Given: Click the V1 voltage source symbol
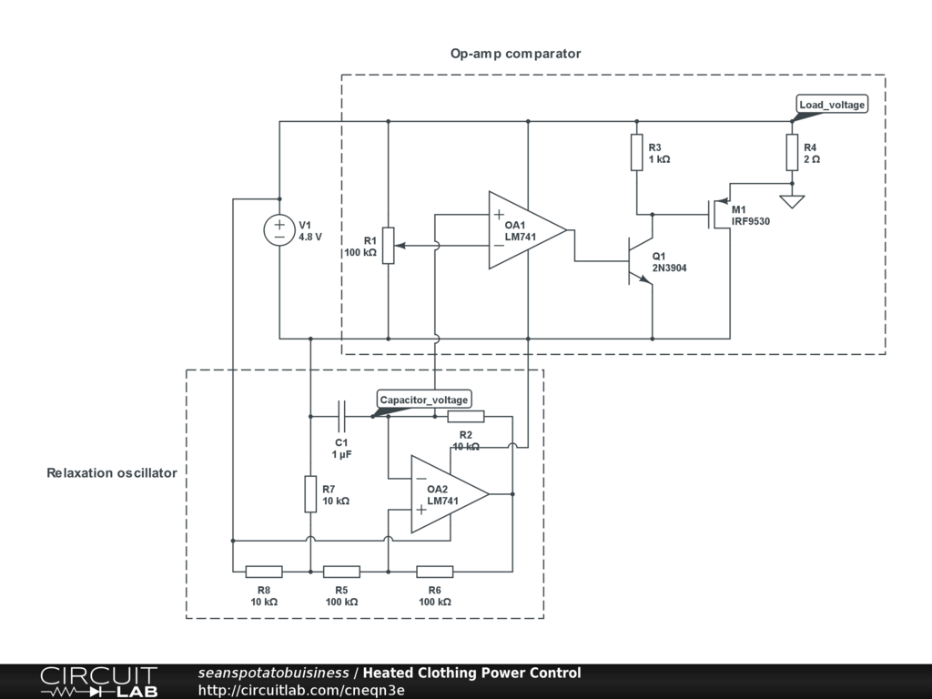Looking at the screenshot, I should click(x=279, y=230).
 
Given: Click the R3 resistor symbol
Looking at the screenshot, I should click(x=637, y=153).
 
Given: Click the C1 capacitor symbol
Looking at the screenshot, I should click(x=342, y=416).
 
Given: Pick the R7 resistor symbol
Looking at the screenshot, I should click(x=310, y=493).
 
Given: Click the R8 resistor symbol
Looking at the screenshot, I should click(x=264, y=572).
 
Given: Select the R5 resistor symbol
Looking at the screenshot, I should click(x=341, y=572).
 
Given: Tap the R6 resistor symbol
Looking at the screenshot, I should click(x=435, y=572).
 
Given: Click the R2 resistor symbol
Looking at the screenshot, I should click(x=466, y=417).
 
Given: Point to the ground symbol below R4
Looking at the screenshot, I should click(x=793, y=200).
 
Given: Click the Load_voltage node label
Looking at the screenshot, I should click(x=832, y=105).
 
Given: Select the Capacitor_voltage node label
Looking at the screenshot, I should click(x=424, y=400).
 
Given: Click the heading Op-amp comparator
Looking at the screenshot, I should click(x=515, y=54).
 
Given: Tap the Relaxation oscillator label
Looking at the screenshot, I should click(x=112, y=473).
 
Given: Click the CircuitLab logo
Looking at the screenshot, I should click(x=98, y=682).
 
